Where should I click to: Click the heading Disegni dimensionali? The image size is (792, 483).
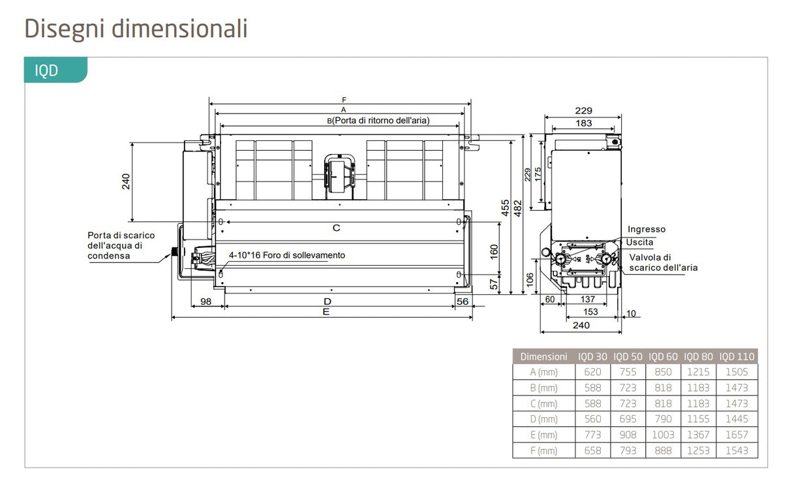(136, 29)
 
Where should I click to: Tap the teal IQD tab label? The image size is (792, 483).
(46, 70)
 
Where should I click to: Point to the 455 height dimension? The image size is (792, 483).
(506, 208)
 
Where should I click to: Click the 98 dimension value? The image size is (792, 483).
(206, 301)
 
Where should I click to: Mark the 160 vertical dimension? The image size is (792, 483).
(494, 251)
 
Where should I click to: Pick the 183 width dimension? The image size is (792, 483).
(584, 123)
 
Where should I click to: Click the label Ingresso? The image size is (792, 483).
(647, 229)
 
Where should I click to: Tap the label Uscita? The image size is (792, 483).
(639, 242)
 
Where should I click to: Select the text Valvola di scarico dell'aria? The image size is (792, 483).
(663, 262)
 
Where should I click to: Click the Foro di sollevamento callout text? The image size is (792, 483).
(286, 255)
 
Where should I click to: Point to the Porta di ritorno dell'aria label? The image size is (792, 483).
(378, 120)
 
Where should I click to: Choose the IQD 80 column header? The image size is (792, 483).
(698, 356)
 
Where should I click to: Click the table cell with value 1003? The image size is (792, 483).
(663, 435)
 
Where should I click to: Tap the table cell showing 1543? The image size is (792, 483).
(737, 450)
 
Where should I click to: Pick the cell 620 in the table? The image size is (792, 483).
(592, 371)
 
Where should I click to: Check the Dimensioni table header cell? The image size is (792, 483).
(543, 356)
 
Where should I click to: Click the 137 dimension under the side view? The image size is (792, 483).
(587, 300)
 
